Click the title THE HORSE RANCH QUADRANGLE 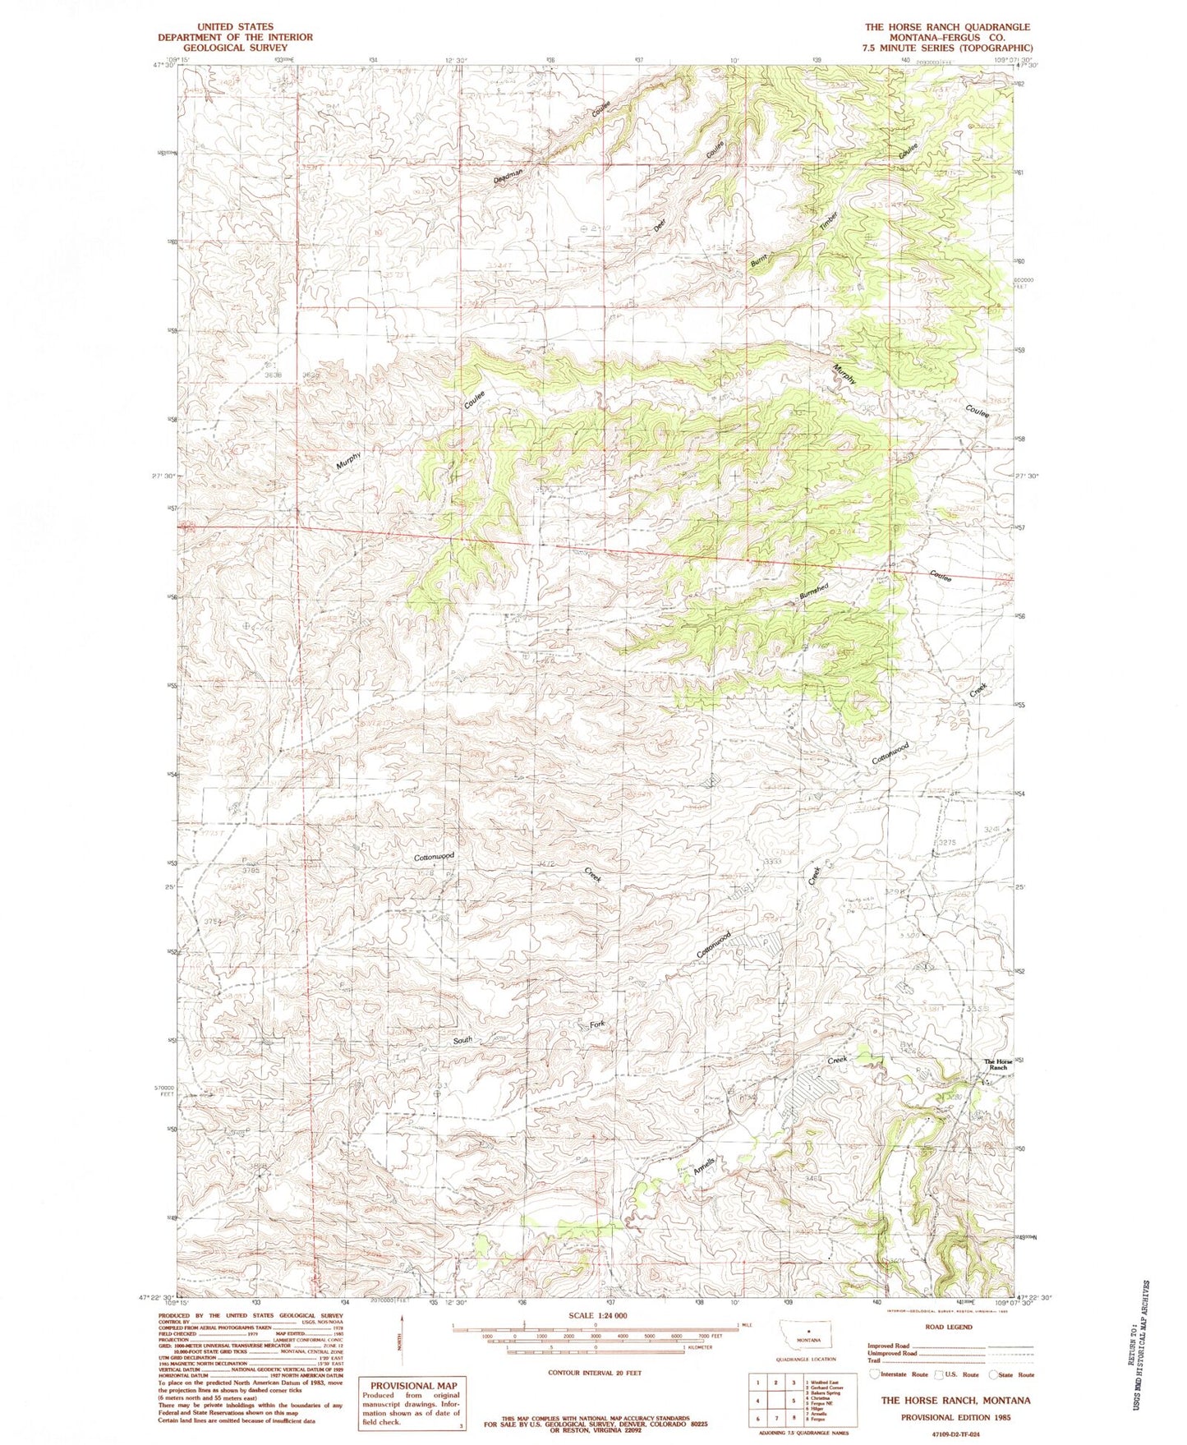(946, 27)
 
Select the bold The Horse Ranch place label (1000, 1065)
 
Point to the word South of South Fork (463, 1041)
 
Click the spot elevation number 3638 (274, 375)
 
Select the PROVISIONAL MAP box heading (413, 1386)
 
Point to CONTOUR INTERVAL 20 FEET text (595, 1372)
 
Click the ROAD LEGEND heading (948, 1326)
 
